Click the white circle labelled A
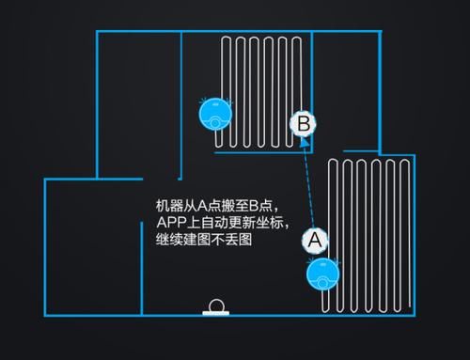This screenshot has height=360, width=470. (315, 241)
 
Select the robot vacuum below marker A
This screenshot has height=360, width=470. (321, 274)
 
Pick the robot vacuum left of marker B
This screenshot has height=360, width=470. (215, 114)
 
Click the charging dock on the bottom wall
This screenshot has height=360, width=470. (216, 308)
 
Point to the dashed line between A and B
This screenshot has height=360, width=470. (309, 183)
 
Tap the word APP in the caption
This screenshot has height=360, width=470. (170, 223)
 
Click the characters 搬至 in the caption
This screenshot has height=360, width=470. (243, 205)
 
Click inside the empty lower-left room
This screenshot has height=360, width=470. (94, 244)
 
